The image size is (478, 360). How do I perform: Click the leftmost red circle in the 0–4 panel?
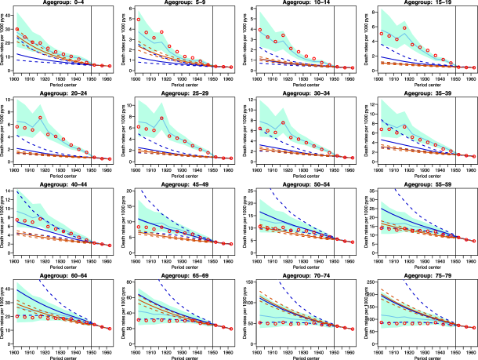coord(17,29)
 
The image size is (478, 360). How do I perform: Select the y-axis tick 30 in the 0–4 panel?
coord(10,28)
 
